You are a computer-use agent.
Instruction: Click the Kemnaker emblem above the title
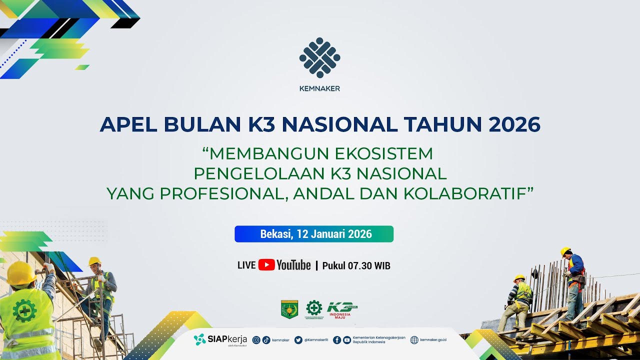[319, 57]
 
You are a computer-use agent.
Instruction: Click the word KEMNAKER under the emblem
[319, 88]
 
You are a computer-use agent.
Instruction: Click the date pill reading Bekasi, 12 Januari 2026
[314, 234]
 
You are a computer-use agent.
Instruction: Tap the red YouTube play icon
[266, 265]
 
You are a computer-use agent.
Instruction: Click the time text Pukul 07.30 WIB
[356, 265]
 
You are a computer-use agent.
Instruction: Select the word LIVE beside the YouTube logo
[246, 265]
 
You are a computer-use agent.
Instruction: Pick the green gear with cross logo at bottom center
[314, 308]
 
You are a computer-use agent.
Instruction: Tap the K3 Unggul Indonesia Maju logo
[342, 309]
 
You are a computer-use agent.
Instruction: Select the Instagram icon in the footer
[256, 340]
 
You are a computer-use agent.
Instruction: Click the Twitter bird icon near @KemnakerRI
[298, 340]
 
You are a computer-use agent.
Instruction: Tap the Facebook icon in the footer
[337, 340]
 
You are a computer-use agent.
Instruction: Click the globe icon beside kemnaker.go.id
[414, 340]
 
